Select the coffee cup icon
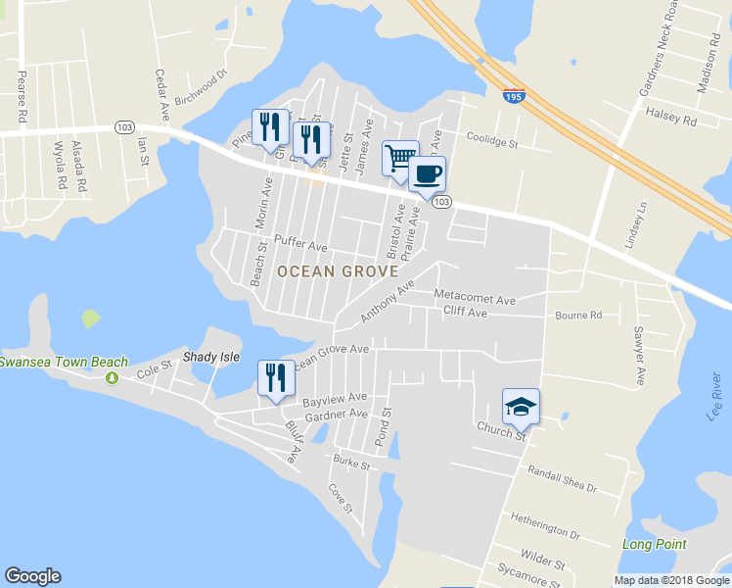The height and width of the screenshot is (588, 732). click(426, 174)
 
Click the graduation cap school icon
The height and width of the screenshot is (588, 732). click(521, 406)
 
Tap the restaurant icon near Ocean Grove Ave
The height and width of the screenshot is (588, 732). click(275, 377)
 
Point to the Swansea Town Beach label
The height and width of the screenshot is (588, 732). click(64, 363)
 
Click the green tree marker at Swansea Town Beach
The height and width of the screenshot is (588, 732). click(114, 378)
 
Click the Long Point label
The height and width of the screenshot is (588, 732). click(655, 544)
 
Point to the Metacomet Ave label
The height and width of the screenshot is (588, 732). click(474, 297)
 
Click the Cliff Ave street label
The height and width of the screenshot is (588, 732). click(465, 313)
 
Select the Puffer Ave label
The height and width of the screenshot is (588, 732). click(300, 242)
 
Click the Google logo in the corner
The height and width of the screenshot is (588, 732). click(32, 576)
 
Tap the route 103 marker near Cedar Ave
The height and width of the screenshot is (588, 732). click(124, 127)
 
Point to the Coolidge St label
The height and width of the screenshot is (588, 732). click(491, 141)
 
